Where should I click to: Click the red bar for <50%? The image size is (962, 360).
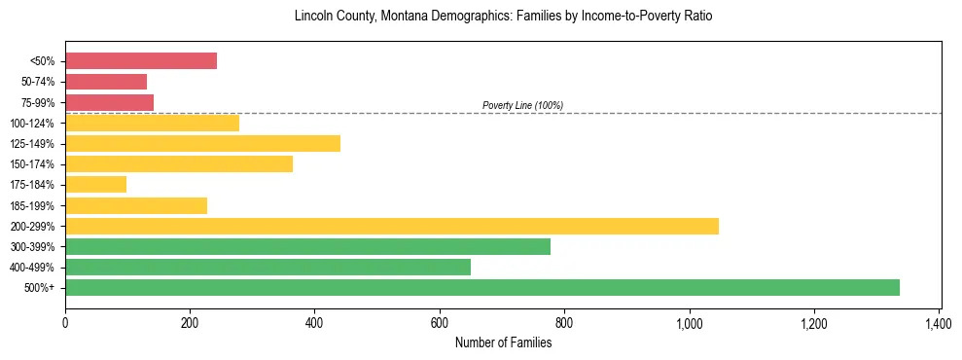tap(141, 60)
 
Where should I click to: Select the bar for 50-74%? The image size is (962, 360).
tap(106, 82)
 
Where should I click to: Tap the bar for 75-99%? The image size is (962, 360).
tap(109, 102)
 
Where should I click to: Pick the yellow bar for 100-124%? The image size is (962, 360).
tap(152, 123)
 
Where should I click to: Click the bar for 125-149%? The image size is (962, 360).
tap(202, 144)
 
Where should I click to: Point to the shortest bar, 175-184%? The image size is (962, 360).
tap(95, 185)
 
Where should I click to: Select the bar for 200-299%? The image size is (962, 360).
tap(392, 226)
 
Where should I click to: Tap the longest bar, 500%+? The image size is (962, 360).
tap(482, 288)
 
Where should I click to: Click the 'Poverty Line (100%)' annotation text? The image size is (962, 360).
tap(522, 105)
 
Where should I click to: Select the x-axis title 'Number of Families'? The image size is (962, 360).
tap(503, 342)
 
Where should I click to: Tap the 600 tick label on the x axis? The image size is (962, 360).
tap(440, 322)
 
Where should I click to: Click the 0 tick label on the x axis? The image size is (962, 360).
tap(65, 322)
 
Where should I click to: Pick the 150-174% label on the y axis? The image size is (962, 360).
tap(32, 164)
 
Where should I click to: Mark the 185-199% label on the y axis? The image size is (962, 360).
tap(32, 206)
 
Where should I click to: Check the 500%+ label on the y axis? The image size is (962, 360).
tap(40, 288)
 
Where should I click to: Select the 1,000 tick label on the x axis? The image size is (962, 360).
tap(689, 322)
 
